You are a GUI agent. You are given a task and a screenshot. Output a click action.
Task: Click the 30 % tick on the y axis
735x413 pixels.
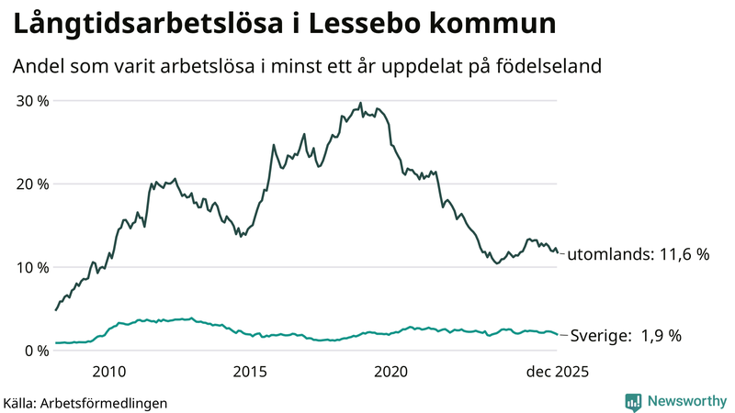click(x=29, y=100)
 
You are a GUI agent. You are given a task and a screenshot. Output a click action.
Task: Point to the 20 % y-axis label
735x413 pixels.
click(x=29, y=184)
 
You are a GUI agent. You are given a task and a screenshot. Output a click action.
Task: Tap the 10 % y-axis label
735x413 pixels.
click(x=29, y=267)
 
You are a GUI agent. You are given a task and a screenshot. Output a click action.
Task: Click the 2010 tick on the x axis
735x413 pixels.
click(x=109, y=372)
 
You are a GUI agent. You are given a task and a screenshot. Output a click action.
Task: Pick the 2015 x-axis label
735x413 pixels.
click(x=250, y=372)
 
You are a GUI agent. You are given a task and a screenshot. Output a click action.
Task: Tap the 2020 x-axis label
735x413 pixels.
click(x=390, y=372)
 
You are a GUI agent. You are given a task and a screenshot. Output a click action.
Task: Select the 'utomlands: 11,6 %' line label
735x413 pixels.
click(x=638, y=254)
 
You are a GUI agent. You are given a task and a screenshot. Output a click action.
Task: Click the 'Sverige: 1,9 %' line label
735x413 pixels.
click(x=627, y=336)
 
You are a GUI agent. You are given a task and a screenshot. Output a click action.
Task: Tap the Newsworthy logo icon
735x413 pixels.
click(x=633, y=401)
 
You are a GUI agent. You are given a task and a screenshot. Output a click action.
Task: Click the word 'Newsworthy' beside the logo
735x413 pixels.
click(x=685, y=401)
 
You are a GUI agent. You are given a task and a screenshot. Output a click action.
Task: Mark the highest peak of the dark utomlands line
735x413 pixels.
click(x=360, y=103)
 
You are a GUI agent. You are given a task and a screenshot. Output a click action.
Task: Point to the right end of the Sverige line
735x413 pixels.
click(x=557, y=334)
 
